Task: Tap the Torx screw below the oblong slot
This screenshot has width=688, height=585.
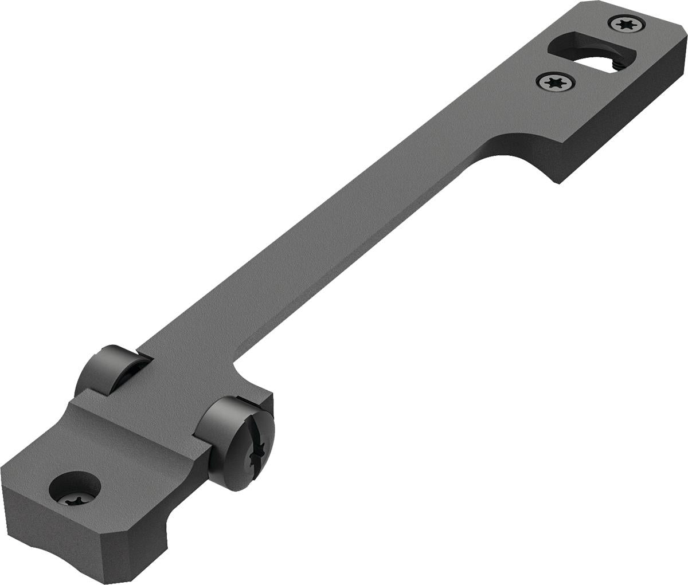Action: (x=554, y=83)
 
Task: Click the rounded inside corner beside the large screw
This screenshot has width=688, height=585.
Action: (x=236, y=363)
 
